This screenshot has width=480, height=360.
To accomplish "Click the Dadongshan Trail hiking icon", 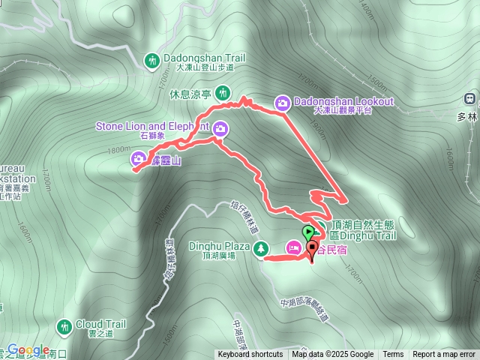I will pos(152,58).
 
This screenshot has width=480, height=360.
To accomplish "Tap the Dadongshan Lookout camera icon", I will pos(283,103).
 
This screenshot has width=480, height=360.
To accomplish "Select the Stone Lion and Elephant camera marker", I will pos(221,128).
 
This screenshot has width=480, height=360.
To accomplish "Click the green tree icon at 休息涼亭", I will pos(223,93).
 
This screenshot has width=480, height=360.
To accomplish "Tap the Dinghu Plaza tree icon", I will pos(261,248).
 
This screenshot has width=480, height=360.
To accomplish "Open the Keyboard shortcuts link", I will pos(250,355).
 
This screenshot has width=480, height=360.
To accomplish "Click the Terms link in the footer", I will pos(393,355).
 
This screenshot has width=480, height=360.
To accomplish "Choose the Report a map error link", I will pos(445,355).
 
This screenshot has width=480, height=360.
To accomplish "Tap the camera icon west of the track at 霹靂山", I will pos(139,158).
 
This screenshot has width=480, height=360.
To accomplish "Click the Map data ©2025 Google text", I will pos(333,355).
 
